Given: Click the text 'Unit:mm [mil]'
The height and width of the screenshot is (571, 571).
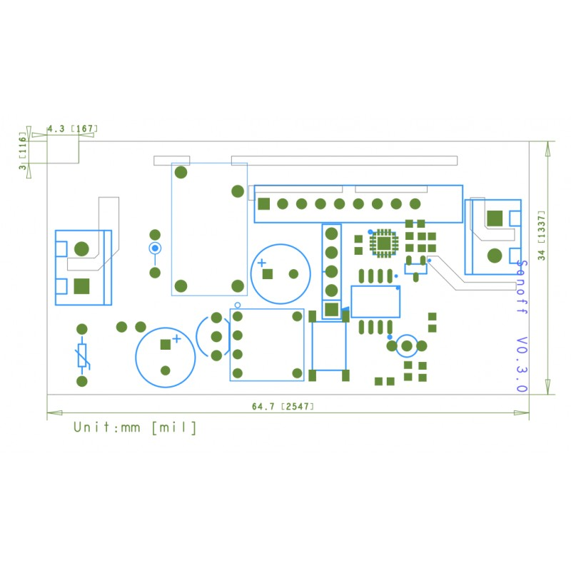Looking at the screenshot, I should (135, 428).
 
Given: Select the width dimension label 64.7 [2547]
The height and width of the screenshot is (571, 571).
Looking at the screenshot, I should (283, 407).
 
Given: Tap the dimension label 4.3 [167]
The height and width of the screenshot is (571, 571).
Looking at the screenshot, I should (71, 129).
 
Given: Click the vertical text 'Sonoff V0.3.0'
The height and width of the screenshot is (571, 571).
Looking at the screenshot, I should (522, 325).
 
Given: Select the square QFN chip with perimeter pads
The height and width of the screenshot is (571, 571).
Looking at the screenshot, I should (384, 243).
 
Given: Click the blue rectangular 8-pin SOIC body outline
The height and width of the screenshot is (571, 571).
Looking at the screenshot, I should (375, 301).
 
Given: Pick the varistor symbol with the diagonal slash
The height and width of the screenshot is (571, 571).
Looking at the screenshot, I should (82, 355).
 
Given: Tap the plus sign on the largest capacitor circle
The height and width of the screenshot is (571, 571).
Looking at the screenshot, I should (176, 338).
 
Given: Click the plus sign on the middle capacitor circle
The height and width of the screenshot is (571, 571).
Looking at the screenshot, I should (262, 263).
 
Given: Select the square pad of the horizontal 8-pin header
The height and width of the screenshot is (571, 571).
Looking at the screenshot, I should (263, 203).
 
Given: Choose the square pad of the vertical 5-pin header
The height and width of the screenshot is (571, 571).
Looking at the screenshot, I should (331, 310).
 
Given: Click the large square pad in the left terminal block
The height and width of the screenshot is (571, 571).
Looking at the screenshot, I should (82, 285).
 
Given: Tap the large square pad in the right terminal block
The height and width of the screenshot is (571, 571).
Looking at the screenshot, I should (494, 217).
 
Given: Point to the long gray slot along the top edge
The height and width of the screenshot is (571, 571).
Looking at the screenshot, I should (344, 161).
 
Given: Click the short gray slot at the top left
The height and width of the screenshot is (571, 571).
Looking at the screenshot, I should (172, 161).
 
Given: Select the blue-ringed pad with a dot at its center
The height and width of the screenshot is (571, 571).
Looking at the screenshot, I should (154, 248).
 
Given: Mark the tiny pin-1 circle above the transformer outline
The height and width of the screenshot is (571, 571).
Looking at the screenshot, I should (238, 305).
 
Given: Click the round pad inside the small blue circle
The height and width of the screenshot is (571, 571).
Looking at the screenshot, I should (407, 346).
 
